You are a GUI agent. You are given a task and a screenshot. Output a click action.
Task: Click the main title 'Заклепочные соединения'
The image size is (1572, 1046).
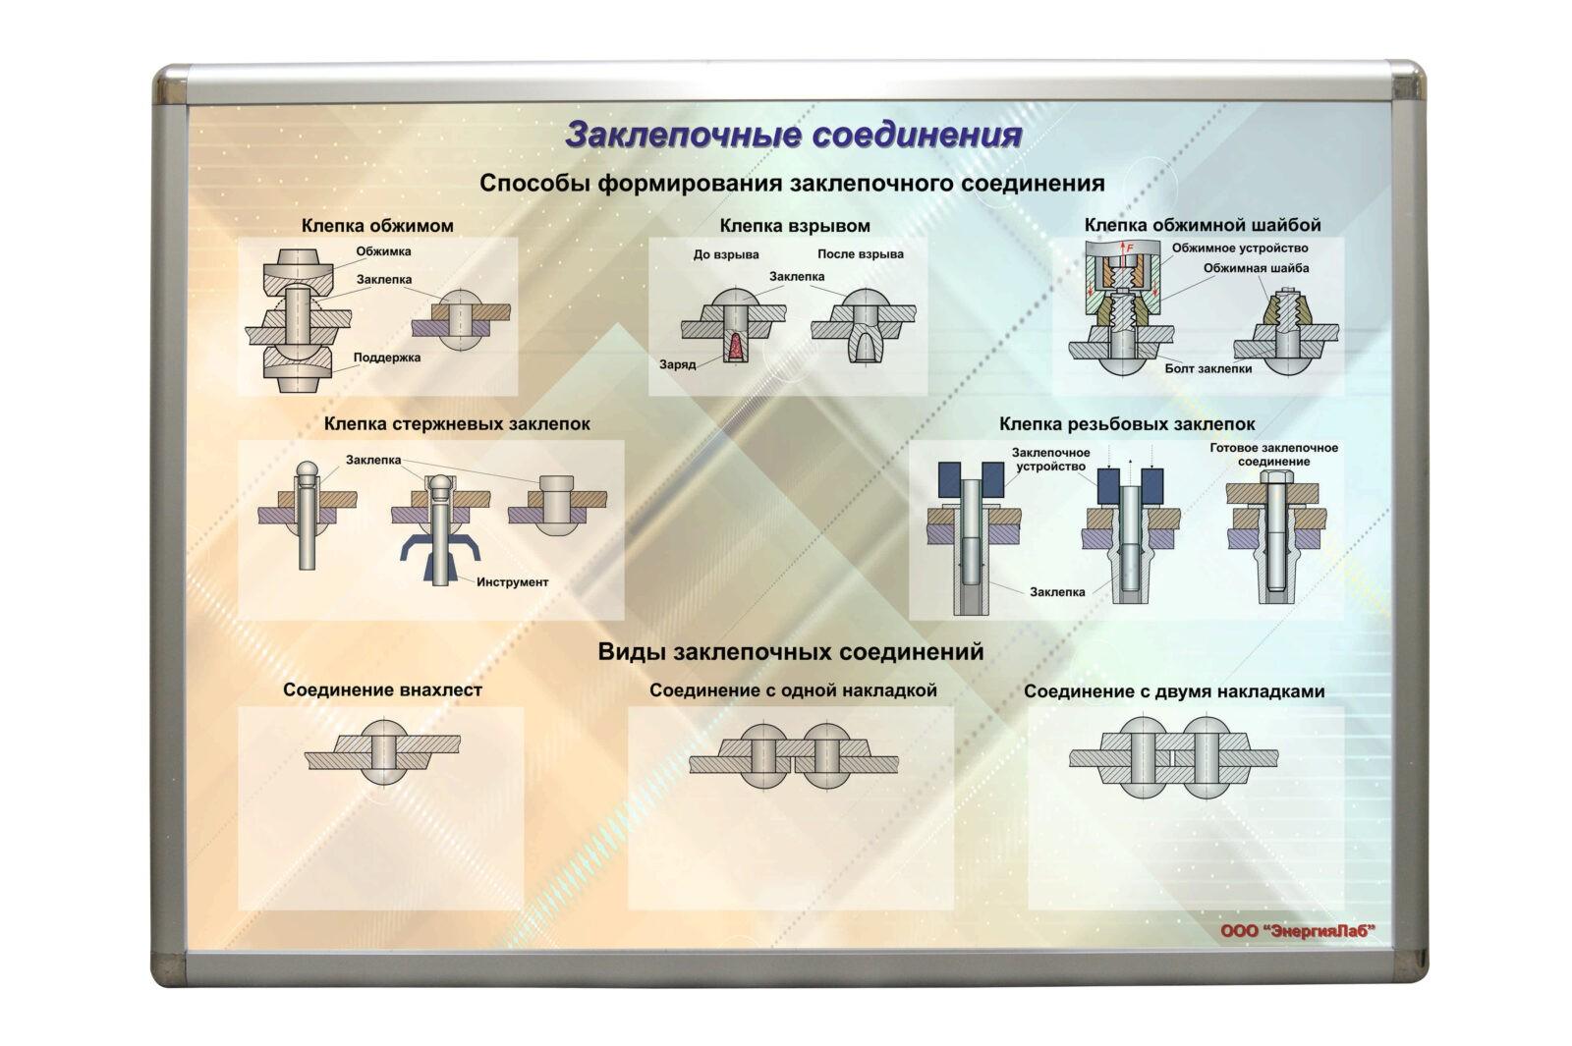click(794, 135)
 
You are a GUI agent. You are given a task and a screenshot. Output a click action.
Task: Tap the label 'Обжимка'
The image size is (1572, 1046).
click(383, 251)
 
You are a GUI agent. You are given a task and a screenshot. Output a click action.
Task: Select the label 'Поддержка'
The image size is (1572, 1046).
click(387, 358)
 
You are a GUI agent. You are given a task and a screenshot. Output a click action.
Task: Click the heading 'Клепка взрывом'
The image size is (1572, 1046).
click(794, 226)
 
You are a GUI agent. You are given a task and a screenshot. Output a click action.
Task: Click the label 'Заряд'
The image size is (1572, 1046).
click(677, 364)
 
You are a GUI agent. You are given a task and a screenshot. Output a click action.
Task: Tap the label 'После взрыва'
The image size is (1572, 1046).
click(860, 254)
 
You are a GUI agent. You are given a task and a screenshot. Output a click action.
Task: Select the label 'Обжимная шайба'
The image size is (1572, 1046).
click(1256, 268)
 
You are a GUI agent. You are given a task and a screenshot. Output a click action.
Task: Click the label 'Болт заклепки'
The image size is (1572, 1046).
click(1207, 369)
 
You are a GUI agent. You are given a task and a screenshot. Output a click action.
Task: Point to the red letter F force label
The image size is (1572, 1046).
click(1130, 247)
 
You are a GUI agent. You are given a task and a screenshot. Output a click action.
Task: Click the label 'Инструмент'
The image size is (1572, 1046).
click(512, 582)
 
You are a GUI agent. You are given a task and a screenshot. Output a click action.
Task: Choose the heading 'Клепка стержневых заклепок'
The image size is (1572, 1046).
click(457, 424)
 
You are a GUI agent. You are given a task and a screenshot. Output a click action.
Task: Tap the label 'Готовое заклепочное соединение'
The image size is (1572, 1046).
click(1273, 455)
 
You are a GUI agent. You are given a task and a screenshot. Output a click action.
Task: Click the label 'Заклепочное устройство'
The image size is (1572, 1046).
click(1050, 460)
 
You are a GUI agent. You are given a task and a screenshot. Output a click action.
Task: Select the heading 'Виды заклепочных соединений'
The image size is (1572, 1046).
click(790, 651)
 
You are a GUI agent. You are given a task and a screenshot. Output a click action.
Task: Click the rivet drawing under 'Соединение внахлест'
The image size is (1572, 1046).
click(382, 752)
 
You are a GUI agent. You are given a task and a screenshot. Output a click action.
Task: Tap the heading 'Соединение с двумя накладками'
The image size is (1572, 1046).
click(1173, 691)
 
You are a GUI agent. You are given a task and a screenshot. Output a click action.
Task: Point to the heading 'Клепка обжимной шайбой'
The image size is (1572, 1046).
click(1202, 225)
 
